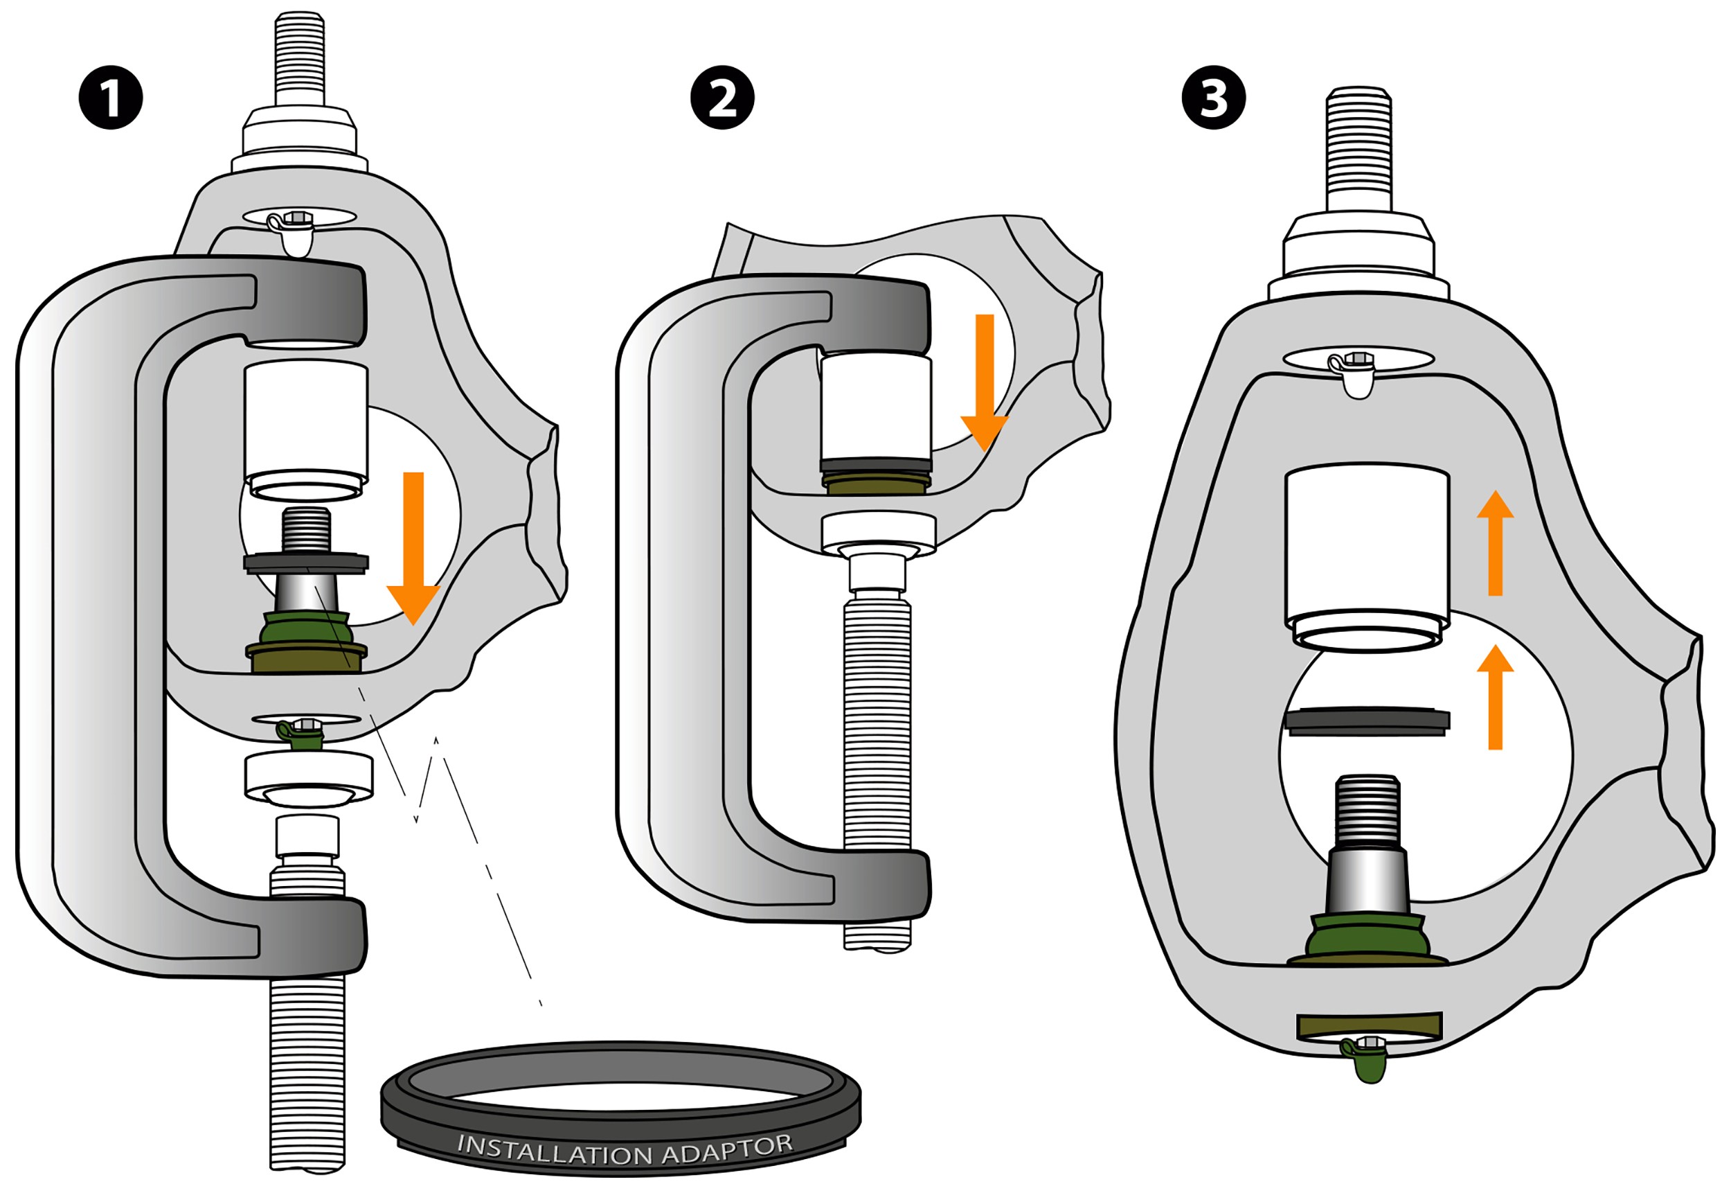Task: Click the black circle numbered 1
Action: click(111, 98)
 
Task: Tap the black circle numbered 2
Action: click(721, 98)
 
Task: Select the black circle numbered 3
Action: click(1213, 98)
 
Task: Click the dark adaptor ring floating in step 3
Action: click(1366, 721)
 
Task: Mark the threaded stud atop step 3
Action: click(1358, 150)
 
